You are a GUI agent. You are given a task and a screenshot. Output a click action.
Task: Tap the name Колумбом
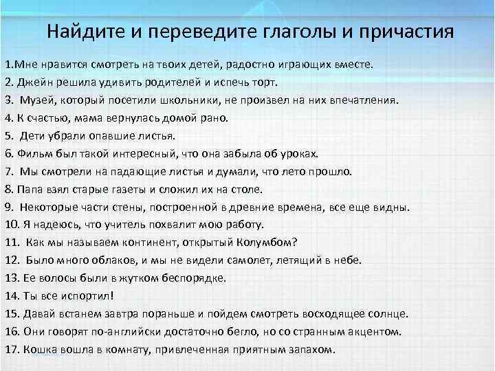point(264,242)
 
